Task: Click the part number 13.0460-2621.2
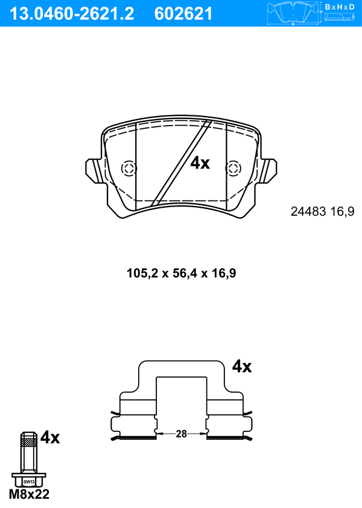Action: click(x=72, y=14)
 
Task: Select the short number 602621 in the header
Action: click(x=183, y=14)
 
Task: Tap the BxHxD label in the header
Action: click(x=340, y=7)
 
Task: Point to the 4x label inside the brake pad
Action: click(x=200, y=163)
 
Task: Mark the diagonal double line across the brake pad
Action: click(x=182, y=162)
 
